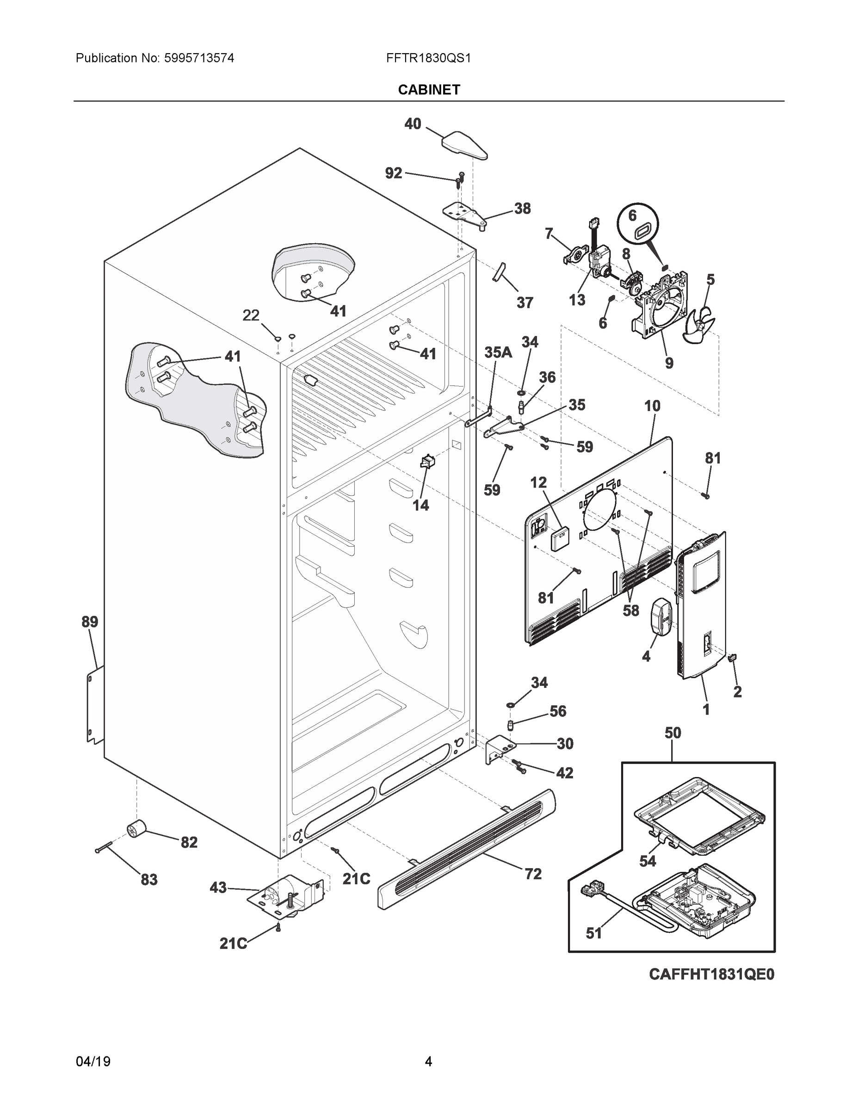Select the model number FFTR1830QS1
(428, 58)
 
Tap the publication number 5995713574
(199, 58)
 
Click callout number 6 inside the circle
(632, 216)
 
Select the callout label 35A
(498, 352)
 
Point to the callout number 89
(90, 622)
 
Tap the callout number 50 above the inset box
(673, 733)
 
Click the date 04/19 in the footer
(93, 1062)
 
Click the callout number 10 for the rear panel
(652, 406)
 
